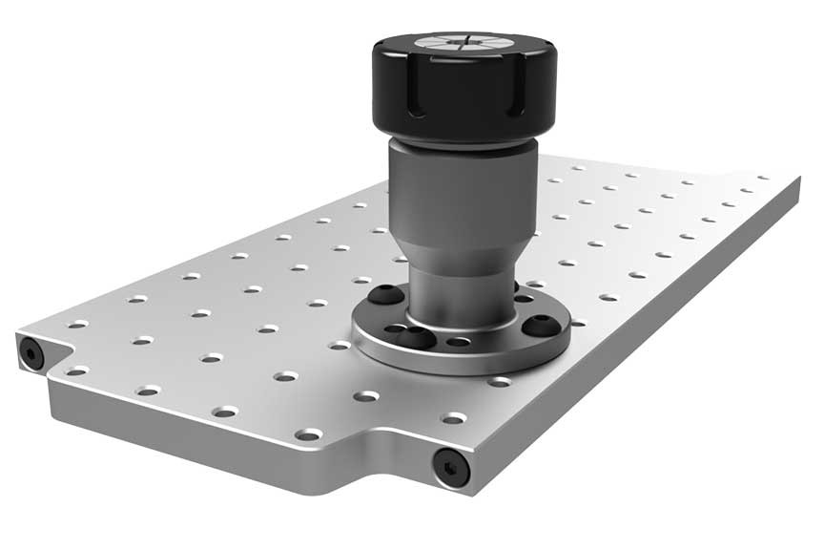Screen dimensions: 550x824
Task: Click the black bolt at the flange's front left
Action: point(416,336)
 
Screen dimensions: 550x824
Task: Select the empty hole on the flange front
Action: point(460,342)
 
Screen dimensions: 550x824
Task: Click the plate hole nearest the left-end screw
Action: point(77,370)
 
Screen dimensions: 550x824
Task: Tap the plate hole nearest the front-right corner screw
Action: point(454,418)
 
